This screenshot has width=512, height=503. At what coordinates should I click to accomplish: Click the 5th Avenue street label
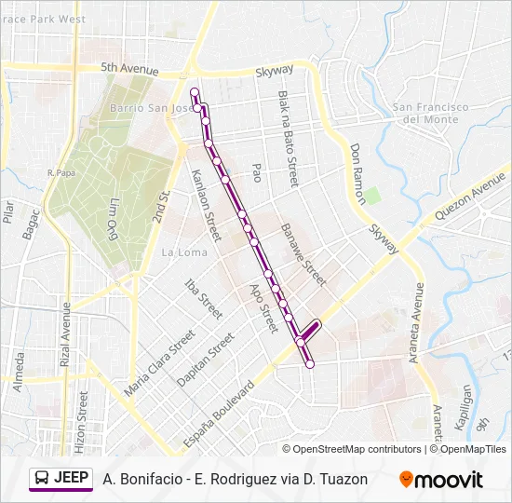pos(129,68)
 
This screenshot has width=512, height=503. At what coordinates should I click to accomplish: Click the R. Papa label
pos(60,172)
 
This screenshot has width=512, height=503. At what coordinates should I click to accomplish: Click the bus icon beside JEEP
pos(42,479)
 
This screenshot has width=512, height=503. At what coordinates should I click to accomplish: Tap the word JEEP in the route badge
pos(72,478)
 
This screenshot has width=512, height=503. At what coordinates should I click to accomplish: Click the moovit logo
pos(441,480)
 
